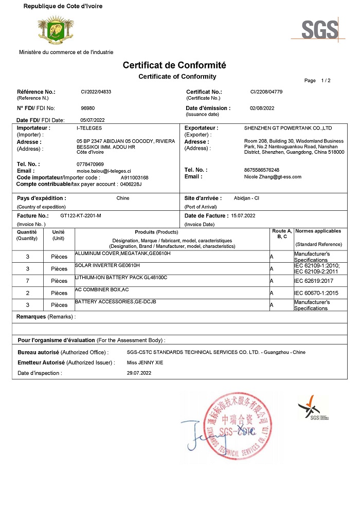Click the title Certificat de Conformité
click(174, 65)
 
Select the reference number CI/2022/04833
click(96, 92)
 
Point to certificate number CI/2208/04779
click(266, 92)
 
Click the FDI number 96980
click(88, 108)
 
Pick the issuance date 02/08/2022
click(262, 108)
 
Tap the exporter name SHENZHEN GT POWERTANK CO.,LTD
click(288, 128)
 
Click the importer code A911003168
click(134, 177)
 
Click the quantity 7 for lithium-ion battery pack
click(27, 281)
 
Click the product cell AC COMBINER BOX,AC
click(102, 290)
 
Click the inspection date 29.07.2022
click(139, 373)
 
